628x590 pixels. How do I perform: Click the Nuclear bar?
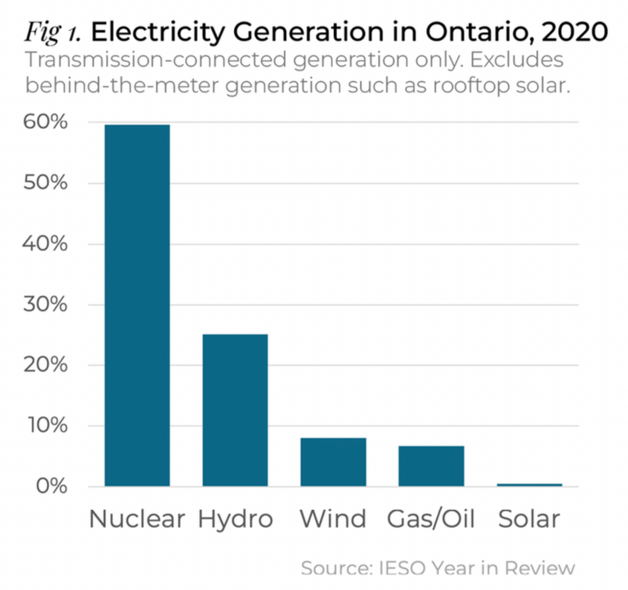137,305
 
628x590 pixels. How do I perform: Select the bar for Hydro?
235,410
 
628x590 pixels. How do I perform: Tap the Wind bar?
333,462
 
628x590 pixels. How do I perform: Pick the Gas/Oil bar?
431,466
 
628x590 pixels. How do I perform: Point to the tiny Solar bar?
529,485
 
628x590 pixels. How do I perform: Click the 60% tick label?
46,122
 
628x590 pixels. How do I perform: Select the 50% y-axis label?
46,183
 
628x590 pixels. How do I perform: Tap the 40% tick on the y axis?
46,244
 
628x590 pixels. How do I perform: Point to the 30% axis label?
46,304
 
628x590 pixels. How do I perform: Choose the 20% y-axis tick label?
46,365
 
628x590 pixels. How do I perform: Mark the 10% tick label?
47,426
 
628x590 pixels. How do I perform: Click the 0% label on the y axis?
51,486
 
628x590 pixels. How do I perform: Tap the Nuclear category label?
137,519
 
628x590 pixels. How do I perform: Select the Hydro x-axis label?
235,519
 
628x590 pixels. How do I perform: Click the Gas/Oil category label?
431,519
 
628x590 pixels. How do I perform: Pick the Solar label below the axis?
529,519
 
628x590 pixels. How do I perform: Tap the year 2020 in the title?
575,32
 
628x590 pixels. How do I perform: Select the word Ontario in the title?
476,32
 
